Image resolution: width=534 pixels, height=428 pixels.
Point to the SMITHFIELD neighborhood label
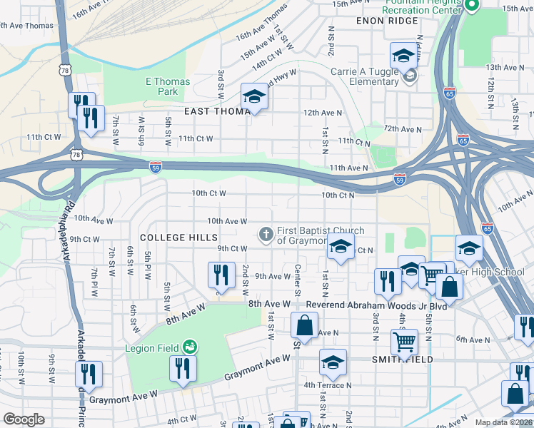click(402, 360)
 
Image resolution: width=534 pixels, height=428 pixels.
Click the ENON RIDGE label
click(386, 21)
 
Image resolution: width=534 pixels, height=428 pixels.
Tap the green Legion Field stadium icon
click(189, 347)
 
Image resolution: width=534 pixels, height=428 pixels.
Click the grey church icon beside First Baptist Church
click(266, 233)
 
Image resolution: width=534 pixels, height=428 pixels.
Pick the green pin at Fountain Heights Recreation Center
click(472, 6)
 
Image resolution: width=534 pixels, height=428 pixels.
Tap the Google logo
click(24, 419)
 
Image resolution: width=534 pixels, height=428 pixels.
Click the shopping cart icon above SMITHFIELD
click(405, 342)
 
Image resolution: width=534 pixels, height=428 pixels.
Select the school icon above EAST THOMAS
click(253, 97)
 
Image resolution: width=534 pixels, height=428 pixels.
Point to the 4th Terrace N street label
click(328, 385)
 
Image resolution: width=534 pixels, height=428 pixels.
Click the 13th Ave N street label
click(503, 67)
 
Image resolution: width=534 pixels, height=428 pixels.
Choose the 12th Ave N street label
click(323, 113)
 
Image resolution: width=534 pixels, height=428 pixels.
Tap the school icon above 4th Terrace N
click(332, 362)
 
